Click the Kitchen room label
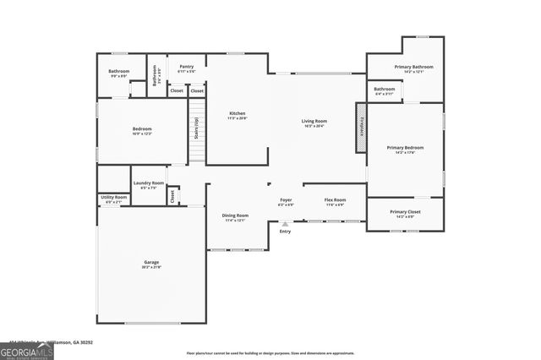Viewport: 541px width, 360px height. coord(237,116)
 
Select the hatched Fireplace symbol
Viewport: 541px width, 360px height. coord(361,128)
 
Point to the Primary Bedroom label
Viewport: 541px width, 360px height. coord(405,149)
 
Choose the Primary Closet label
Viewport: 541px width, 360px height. coord(405,213)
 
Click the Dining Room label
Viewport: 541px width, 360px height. coord(235,217)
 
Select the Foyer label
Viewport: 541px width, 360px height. coord(286,201)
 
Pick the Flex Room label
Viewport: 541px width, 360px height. coord(334,201)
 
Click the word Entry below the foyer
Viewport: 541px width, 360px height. coord(285,231)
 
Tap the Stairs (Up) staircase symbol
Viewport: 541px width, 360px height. coord(196,131)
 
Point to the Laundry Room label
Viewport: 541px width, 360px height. coord(148,185)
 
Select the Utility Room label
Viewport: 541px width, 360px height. coord(112,199)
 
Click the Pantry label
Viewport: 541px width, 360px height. coord(186,68)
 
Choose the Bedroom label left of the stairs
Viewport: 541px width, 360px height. coord(141,131)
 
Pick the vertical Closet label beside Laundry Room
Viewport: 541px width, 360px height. coord(172,195)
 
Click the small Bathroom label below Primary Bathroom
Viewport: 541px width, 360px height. coord(385,90)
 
